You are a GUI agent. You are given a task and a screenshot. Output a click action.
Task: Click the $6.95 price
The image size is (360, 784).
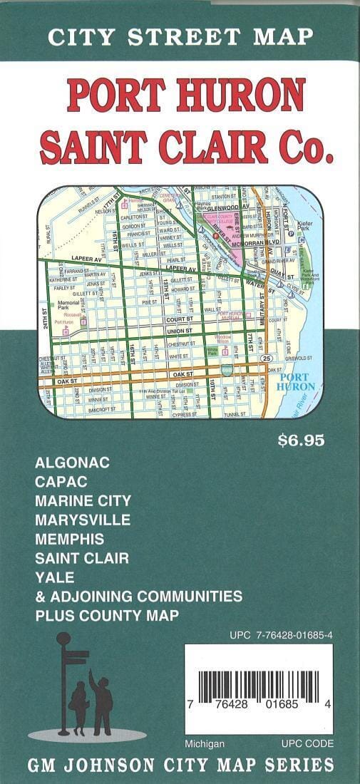[x=301, y=440]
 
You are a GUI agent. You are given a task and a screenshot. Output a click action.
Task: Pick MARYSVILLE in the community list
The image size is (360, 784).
[x=83, y=520]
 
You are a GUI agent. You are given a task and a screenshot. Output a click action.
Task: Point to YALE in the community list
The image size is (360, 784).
[x=54, y=577]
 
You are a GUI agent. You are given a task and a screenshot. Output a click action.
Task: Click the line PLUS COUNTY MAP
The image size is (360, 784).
[x=107, y=614]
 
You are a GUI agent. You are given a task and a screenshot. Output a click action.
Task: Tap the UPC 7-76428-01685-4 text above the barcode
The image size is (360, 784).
[x=282, y=634]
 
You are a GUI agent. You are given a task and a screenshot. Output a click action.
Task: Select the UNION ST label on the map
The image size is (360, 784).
[x=178, y=331]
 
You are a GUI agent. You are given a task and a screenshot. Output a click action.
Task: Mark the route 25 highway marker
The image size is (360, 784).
[x=265, y=357]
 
